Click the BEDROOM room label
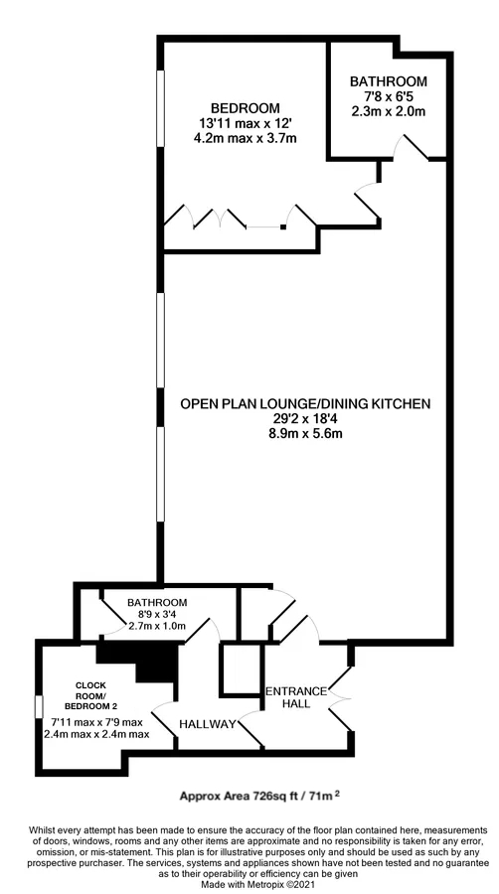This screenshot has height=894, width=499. (246, 107)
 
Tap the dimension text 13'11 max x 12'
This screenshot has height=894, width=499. (246, 122)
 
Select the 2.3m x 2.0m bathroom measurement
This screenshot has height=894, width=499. (389, 110)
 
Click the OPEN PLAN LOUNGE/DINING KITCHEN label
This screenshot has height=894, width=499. (304, 404)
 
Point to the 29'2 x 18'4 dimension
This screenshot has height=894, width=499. (304, 419)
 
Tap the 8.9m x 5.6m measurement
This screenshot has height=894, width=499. (304, 434)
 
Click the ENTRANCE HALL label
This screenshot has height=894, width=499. (296, 697)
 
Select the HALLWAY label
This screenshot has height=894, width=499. (208, 724)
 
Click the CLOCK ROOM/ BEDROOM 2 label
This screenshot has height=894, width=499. (91, 695)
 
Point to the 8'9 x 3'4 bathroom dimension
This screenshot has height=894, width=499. (157, 614)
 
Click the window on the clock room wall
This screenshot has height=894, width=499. (39, 706)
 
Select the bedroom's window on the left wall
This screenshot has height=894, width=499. (160, 107)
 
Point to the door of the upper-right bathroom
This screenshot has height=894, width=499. (413, 147)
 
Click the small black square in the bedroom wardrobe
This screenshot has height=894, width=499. (283, 227)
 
